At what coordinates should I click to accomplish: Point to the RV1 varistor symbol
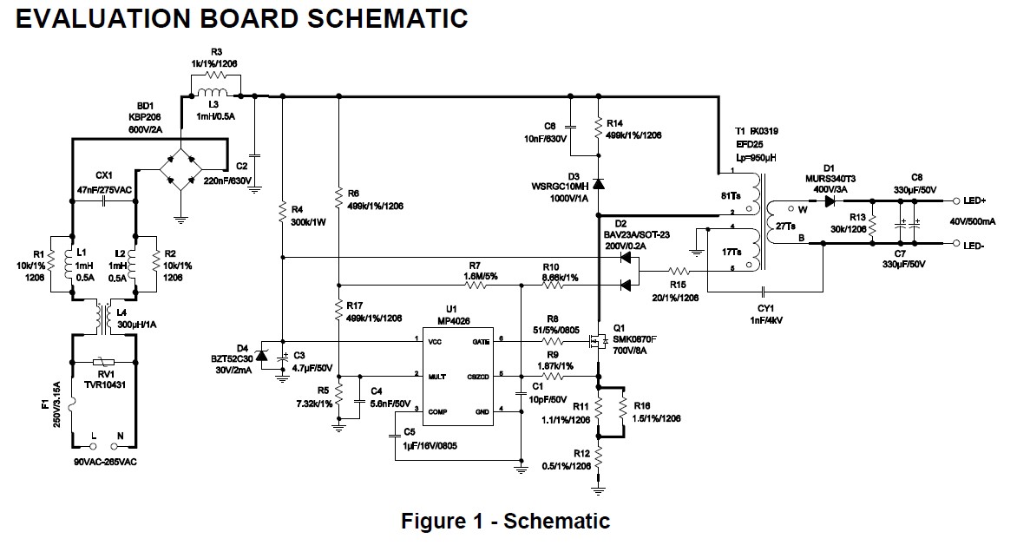tap(104, 360)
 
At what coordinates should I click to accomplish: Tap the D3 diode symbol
tap(598, 184)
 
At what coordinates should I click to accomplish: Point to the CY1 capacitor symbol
tap(763, 292)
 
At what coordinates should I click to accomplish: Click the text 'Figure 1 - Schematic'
tap(505, 521)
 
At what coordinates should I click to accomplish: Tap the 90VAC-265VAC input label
tap(104, 462)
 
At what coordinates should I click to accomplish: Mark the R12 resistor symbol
tap(598, 454)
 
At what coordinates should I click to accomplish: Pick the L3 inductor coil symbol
tap(211, 93)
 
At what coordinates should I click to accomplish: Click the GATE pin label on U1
tap(482, 342)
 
